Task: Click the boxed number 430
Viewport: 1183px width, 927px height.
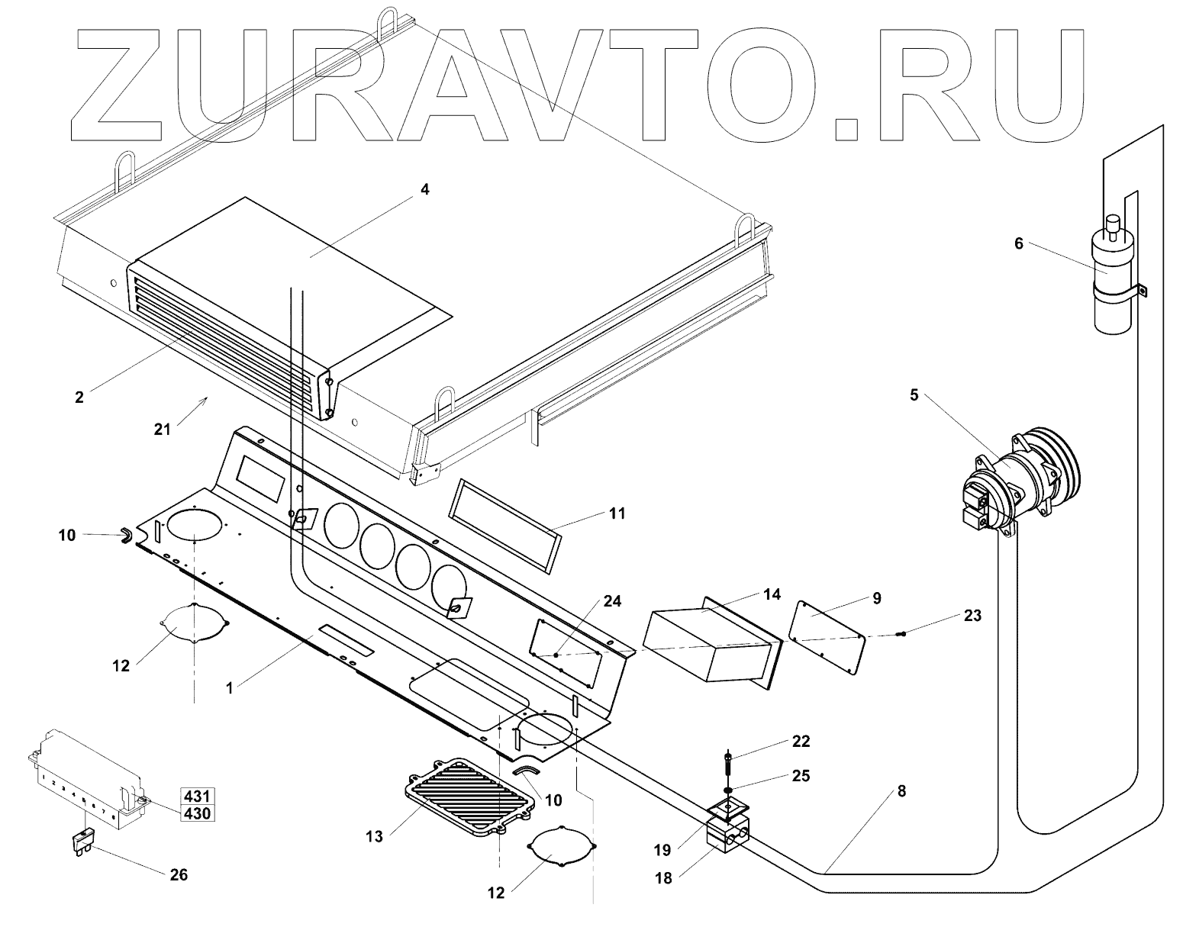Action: [x=196, y=813]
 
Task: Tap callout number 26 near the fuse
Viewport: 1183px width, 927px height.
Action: [x=179, y=874]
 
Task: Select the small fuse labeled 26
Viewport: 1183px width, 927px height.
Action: [x=82, y=844]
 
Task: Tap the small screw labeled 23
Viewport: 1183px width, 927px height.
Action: [x=902, y=634]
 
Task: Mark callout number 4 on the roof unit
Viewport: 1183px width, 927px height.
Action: [x=425, y=189]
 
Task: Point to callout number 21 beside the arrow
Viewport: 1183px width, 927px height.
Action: [x=162, y=429]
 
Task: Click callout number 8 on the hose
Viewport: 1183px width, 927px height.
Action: [x=901, y=791]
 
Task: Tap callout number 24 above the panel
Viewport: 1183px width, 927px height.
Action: [x=612, y=580]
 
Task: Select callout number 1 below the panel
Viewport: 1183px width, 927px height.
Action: [x=229, y=687]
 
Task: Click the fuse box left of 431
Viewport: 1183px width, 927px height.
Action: [x=84, y=778]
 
